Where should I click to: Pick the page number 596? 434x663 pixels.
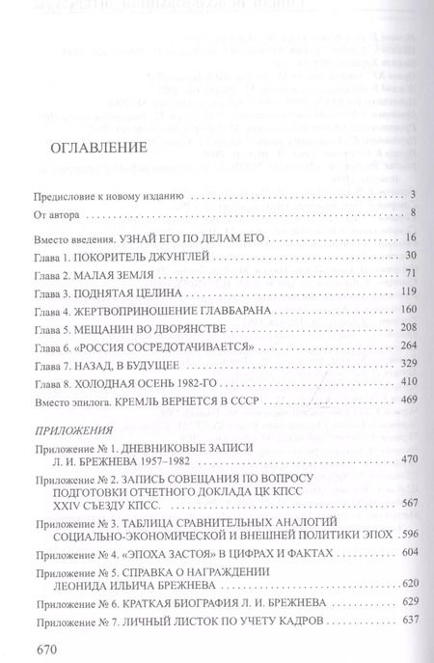click(x=408, y=562)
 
